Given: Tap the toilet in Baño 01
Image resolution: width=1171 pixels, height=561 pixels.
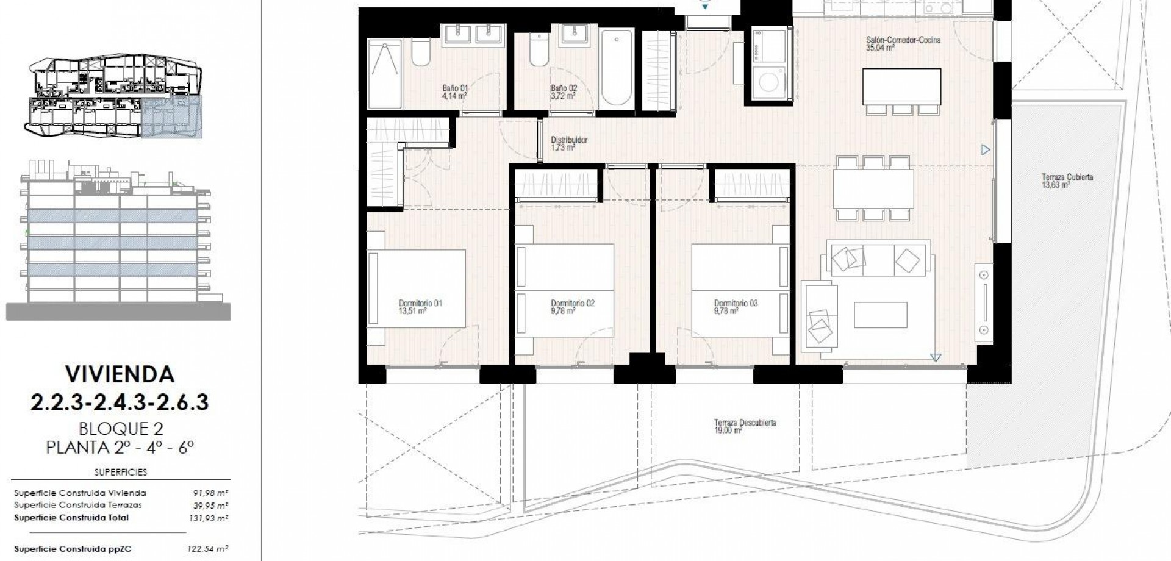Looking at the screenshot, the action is [x=420, y=52].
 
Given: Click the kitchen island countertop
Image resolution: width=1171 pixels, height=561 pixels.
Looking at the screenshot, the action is [x=901, y=87].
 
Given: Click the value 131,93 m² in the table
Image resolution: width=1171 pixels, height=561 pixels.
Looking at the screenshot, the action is [x=210, y=518].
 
